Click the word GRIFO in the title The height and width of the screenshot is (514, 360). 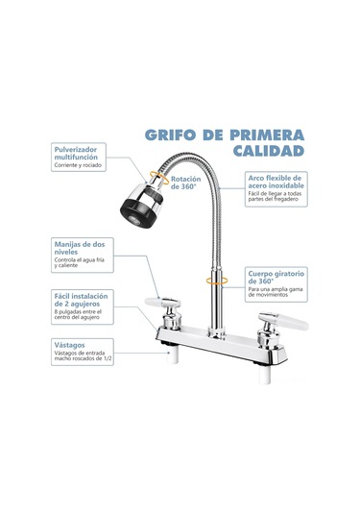[x=170, y=135]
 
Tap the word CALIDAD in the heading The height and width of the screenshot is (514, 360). [x=269, y=151]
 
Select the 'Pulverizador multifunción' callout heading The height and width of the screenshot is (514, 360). [x=76, y=153]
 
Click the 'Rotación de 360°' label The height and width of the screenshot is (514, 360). [x=185, y=183]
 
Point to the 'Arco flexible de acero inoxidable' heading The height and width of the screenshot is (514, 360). [x=276, y=182]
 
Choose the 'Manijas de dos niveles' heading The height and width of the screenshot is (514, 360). [x=80, y=248]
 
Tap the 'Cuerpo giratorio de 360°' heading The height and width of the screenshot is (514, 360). [x=276, y=277]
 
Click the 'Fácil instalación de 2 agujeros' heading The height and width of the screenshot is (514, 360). [x=81, y=300]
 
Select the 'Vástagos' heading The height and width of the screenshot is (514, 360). [x=69, y=345]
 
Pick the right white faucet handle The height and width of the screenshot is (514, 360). [x=292, y=321]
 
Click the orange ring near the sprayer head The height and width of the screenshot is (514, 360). [x=159, y=178]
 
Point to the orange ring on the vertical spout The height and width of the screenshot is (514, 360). [x=217, y=281]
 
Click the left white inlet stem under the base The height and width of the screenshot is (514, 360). [x=172, y=355]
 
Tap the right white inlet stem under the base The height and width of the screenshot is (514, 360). [x=264, y=375]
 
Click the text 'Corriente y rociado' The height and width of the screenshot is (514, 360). [x=78, y=165]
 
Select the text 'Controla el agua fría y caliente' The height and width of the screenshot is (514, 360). [x=80, y=262]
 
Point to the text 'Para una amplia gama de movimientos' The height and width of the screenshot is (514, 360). [x=276, y=292]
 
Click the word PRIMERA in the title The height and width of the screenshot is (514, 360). [x=267, y=135]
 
